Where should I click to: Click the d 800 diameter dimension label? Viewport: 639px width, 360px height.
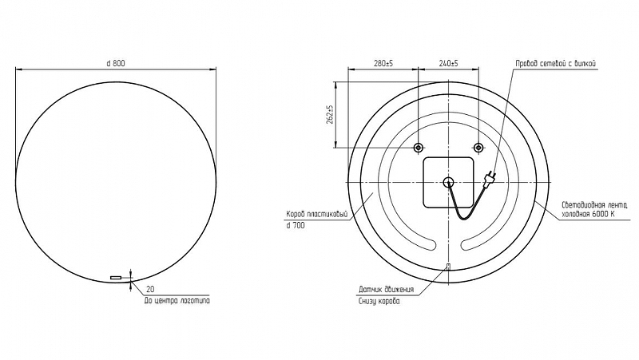click(x=116, y=63)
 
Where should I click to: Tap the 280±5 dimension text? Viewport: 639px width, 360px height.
click(x=383, y=63)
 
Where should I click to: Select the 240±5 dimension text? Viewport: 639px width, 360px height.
click(x=449, y=63)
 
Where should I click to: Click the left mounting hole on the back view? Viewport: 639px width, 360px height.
click(x=419, y=148)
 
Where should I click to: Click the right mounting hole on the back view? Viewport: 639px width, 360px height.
click(x=478, y=148)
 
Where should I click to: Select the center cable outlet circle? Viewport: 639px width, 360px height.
click(x=448, y=182)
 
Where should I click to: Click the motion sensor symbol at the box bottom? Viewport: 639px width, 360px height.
click(x=448, y=267)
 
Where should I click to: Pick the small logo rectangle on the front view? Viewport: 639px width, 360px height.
click(x=116, y=277)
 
